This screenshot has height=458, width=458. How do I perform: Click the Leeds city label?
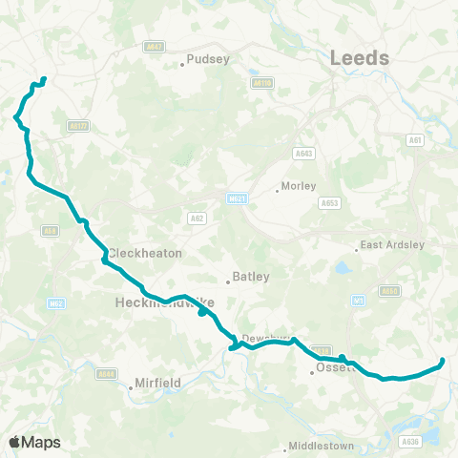tap(360, 58)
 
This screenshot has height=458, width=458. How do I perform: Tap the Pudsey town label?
tap(209, 59)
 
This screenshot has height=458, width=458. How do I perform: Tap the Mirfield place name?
tap(159, 382)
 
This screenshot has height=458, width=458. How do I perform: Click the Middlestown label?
tap(322, 446)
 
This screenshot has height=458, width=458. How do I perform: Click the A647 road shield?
tap(154, 45)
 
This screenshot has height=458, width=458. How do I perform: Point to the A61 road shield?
tap(414, 139)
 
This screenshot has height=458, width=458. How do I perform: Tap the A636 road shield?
tap(410, 441)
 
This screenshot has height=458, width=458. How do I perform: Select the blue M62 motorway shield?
tap(55, 304)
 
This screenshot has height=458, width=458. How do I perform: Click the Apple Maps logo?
tap(35, 442)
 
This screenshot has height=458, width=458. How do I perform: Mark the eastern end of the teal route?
tap(443, 361)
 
